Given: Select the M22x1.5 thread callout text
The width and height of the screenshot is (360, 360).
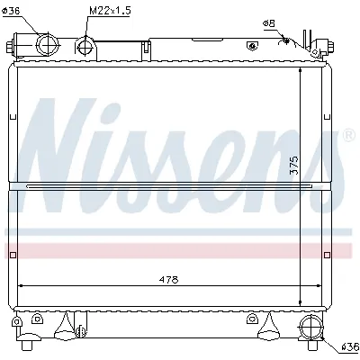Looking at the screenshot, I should (109, 10).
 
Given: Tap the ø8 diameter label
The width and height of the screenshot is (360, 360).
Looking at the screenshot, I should (268, 22).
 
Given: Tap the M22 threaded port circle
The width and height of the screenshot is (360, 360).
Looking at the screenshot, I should (85, 47).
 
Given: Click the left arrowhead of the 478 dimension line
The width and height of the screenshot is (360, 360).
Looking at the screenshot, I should (22, 286).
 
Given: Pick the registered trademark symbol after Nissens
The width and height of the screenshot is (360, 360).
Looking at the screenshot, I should (348, 135).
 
